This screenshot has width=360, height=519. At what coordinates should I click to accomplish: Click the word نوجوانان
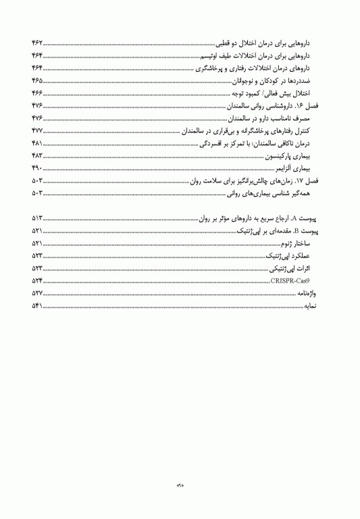pyautogui.click(x=241, y=80)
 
